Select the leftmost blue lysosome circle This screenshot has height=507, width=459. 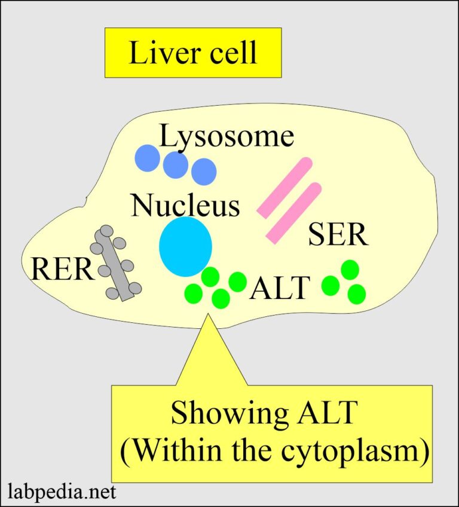(148, 158)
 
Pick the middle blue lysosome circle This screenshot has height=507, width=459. (176, 164)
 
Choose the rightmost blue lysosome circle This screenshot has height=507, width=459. (203, 172)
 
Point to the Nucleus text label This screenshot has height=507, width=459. (185, 206)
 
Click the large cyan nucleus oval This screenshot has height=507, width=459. (185, 247)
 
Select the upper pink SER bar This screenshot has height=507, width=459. (285, 187)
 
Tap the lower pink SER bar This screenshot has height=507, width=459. (294, 213)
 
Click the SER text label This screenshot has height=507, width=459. (338, 235)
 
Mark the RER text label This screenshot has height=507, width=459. (63, 270)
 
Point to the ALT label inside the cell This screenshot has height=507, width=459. (280, 289)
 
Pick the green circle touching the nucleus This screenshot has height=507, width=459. (210, 277)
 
